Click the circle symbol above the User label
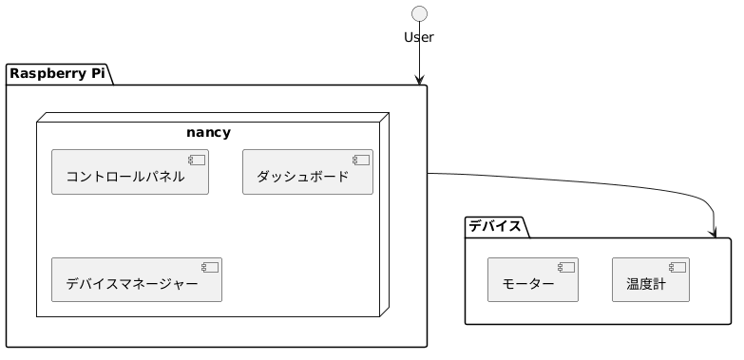click(x=418, y=13)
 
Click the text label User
click(x=418, y=38)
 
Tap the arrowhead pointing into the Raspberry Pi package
click(x=418, y=80)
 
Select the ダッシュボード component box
click(x=308, y=172)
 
